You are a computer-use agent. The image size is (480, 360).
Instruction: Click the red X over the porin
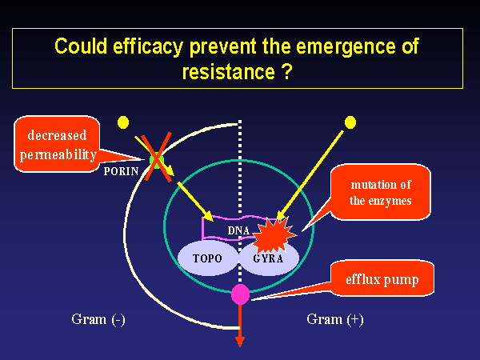(x=158, y=160)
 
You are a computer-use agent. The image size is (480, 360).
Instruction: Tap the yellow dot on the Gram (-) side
(x=123, y=123)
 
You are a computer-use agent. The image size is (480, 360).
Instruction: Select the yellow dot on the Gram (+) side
(x=349, y=122)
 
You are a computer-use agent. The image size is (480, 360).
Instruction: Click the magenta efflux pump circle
(x=240, y=294)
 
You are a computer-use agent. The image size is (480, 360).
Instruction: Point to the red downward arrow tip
(x=240, y=342)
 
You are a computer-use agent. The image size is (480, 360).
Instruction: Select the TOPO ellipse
(x=207, y=259)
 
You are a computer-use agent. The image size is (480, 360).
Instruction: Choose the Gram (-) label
(x=98, y=320)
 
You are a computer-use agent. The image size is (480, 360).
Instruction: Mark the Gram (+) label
(x=335, y=320)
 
